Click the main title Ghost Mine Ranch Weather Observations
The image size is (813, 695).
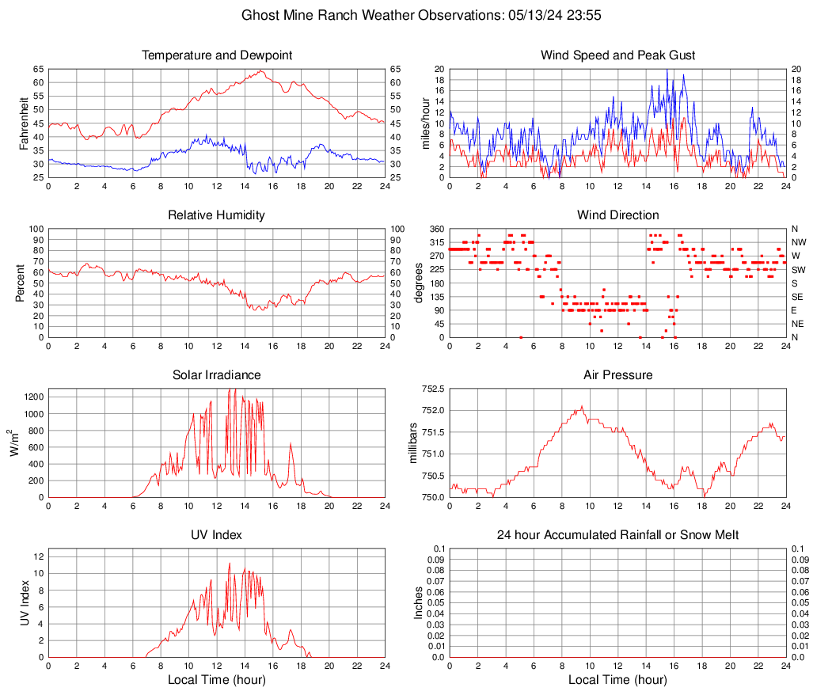click(406, 15)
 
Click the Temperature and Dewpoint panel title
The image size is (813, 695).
click(217, 55)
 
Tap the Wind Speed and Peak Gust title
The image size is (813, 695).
click(617, 55)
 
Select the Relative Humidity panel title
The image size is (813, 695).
click(217, 215)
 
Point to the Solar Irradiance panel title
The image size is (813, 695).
click(217, 375)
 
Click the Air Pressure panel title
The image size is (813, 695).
click(617, 375)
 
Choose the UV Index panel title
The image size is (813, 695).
click(217, 535)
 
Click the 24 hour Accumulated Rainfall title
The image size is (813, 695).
click(617, 535)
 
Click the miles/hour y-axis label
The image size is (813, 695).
click(424, 123)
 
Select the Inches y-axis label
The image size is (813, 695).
click(419, 603)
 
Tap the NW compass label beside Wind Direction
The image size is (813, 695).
click(799, 242)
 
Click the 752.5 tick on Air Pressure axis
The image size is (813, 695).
click(431, 389)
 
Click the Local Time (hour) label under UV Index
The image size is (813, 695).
click(217, 680)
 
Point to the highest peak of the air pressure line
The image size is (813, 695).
click(582, 407)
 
